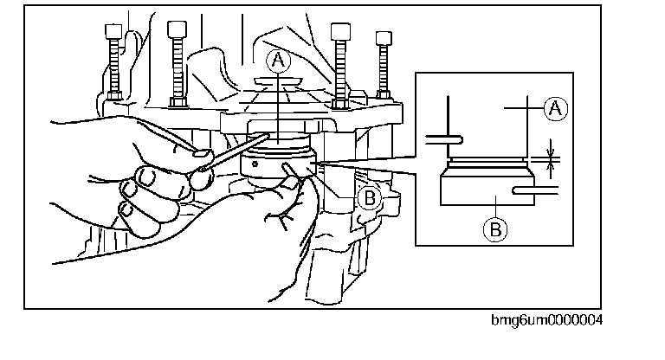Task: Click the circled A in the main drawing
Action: [276, 59]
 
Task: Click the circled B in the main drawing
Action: [370, 198]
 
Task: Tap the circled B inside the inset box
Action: [493, 228]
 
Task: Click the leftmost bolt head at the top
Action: [111, 32]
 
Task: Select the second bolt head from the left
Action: [177, 30]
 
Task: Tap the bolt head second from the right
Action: [339, 30]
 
